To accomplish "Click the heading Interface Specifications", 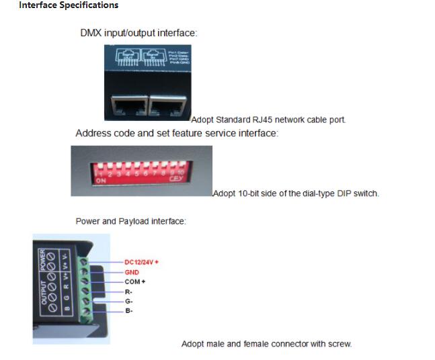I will [68, 5].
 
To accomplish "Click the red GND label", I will [132, 272].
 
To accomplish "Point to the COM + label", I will [134, 281].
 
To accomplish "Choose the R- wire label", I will [128, 292].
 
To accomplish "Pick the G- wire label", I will [128, 302].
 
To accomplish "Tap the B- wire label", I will [128, 311].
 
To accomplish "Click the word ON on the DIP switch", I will [101, 181].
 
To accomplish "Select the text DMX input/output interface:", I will [139, 32].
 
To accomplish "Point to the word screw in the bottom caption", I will [339, 344].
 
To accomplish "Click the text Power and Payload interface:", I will [130, 221].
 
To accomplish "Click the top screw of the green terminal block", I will [84, 260].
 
